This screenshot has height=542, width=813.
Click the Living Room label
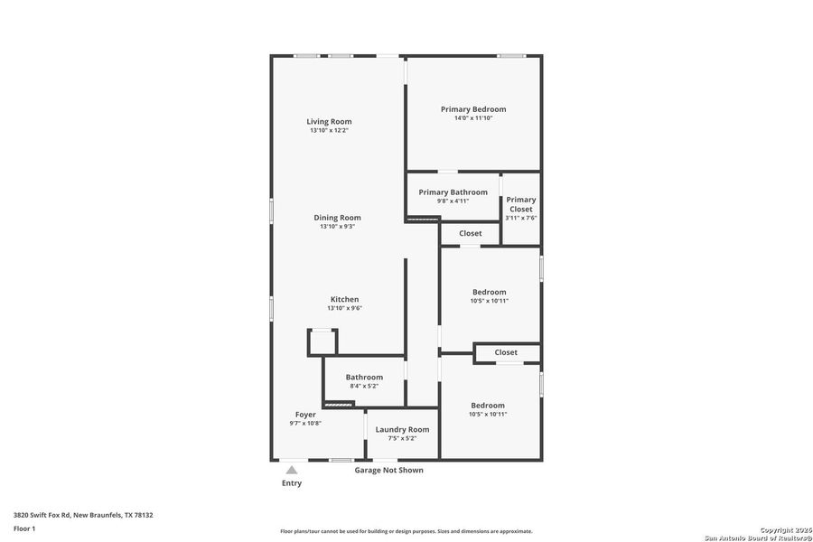point(329,121)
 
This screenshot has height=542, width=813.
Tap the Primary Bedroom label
point(473,109)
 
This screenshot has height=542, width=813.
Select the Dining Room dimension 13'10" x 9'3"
point(337,227)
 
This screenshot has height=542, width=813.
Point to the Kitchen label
point(344,299)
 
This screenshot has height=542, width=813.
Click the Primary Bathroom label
point(453,192)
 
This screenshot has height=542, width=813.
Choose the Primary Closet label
point(520,204)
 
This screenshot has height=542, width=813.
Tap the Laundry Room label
point(402,429)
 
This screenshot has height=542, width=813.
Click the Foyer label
point(305,415)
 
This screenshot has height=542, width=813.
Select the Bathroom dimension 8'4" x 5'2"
point(364,386)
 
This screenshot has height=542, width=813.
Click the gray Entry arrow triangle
point(291,470)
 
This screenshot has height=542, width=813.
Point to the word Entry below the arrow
point(291,483)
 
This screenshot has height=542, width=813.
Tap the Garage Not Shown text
point(388,470)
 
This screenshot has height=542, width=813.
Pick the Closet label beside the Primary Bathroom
point(470,233)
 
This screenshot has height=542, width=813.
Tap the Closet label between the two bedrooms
point(506,352)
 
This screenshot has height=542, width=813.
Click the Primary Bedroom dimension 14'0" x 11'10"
point(473,118)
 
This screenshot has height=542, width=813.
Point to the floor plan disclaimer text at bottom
point(406,531)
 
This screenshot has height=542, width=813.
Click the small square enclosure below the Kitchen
point(322,342)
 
